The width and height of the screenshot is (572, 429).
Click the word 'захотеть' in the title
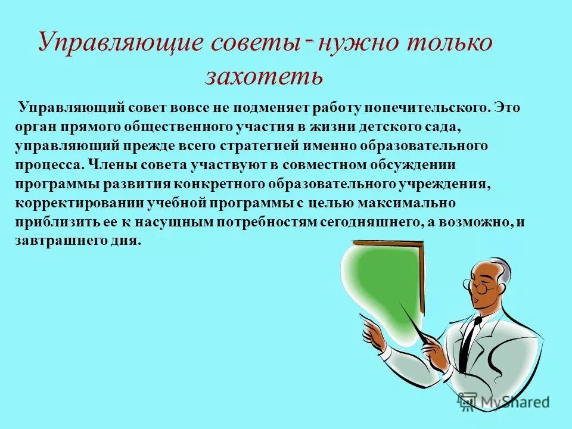pos(264,75)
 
